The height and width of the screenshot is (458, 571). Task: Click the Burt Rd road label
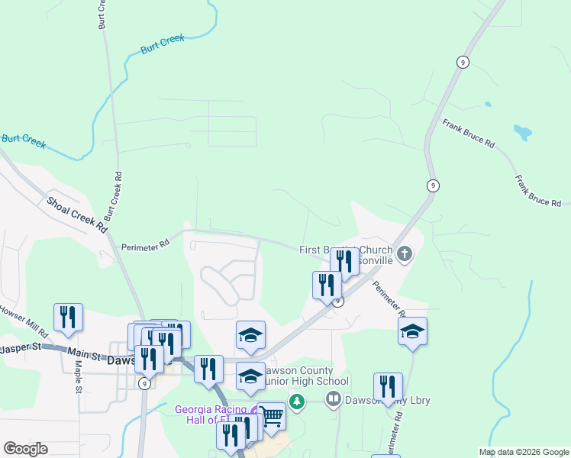click(x=102, y=16)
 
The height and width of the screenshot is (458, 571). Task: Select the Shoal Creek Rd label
click(x=77, y=213)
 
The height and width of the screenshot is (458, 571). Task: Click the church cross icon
click(x=405, y=253)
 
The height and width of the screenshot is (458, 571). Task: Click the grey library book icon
click(x=333, y=398)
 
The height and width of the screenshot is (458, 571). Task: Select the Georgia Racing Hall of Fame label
click(x=214, y=414)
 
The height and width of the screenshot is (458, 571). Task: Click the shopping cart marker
click(x=272, y=416)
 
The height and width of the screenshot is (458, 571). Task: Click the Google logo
click(x=25, y=448)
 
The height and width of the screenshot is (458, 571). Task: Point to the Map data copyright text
click(x=524, y=452)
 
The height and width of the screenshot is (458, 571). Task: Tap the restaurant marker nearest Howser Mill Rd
click(x=68, y=317)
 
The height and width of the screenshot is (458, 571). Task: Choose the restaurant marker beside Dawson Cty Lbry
click(x=388, y=386)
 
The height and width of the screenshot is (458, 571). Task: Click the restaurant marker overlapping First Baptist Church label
click(x=344, y=261)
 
